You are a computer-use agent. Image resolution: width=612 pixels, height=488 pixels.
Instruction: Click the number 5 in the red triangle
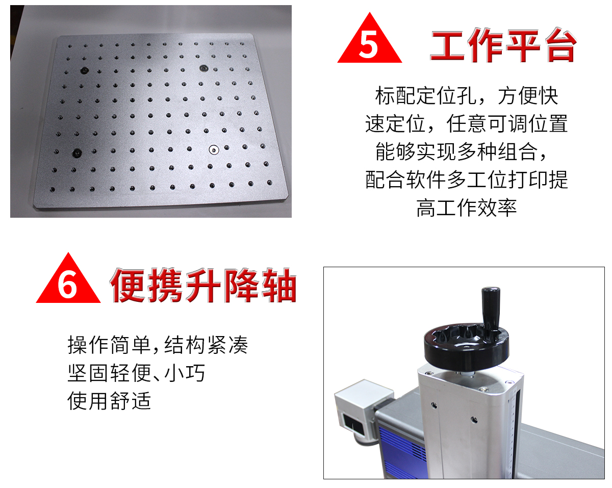[x=369, y=45]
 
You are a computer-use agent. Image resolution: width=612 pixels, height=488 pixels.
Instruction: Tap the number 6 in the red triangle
[x=67, y=285]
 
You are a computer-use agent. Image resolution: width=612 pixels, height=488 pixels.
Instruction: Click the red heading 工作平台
[x=503, y=45]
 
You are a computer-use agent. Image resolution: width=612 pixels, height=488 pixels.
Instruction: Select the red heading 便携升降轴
[x=203, y=285]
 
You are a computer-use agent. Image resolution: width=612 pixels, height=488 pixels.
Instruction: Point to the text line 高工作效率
[x=466, y=208]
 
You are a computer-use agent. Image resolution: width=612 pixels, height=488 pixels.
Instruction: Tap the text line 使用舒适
[x=109, y=401]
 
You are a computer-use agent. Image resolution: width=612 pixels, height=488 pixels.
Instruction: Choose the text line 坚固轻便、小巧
[x=136, y=373]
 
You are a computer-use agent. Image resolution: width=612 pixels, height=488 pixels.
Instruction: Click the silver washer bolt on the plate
[x=214, y=149]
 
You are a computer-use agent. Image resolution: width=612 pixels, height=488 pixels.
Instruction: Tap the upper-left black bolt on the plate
[x=84, y=70]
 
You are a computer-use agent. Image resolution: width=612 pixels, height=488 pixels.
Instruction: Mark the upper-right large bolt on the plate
[x=203, y=68]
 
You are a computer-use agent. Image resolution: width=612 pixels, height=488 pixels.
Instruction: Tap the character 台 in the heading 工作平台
[x=561, y=45]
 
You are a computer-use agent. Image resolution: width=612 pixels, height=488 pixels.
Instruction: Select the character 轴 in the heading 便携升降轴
[x=279, y=285]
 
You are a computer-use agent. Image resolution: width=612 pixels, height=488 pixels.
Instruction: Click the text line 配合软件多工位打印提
[x=466, y=179]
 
